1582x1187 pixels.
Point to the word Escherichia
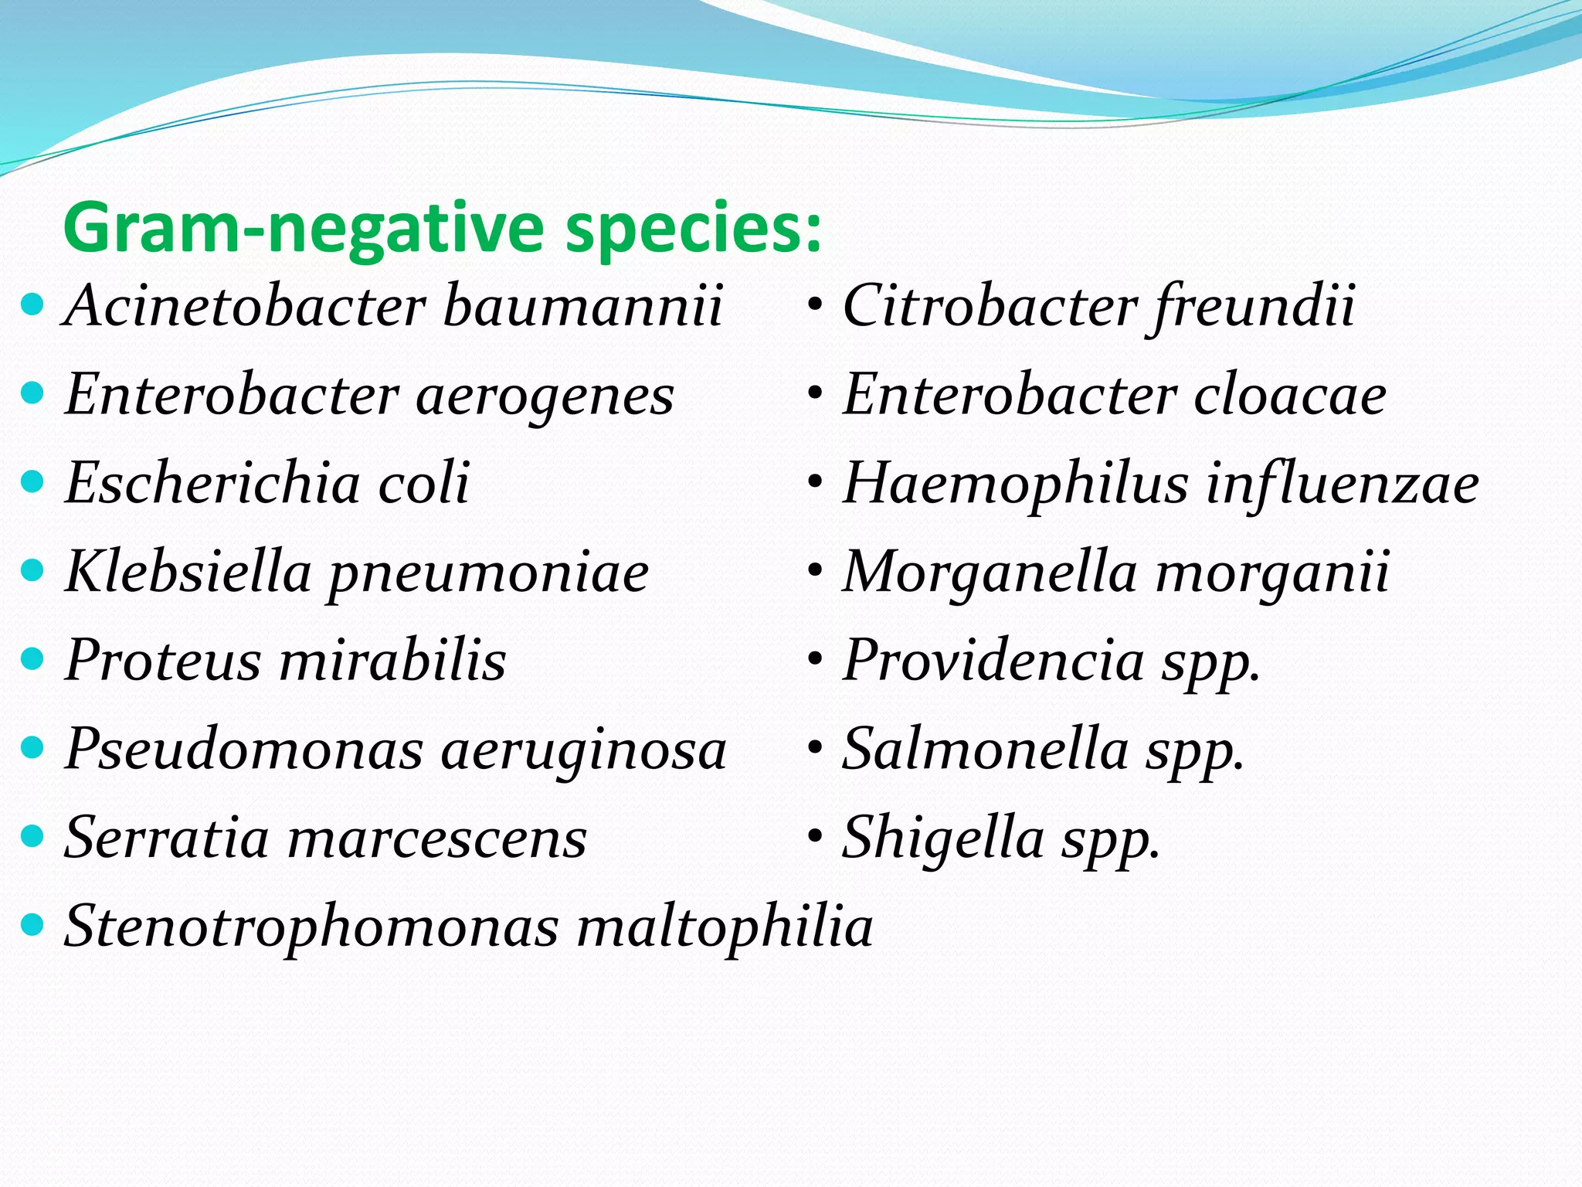213,483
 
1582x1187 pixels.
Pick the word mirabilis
392,661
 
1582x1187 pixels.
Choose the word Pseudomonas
244,750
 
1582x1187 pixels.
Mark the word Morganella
990,573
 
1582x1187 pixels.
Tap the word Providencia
993,662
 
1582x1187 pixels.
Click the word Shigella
943,838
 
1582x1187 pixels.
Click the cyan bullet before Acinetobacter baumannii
32,305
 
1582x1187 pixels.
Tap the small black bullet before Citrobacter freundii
814,305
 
